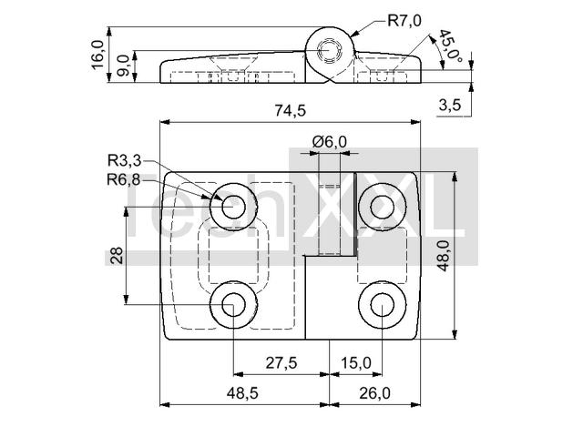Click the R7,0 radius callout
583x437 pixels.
point(404,20)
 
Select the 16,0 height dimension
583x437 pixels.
point(97,55)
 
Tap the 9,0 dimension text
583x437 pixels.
point(123,66)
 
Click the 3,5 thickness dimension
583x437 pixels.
point(449,106)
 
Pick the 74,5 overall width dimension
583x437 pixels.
point(290,110)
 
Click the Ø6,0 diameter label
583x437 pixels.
point(330,142)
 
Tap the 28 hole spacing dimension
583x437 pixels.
point(118,255)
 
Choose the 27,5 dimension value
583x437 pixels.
point(281,362)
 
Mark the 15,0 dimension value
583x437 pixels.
point(356,362)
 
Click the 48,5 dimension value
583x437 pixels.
point(242,392)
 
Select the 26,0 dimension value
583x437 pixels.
point(374,392)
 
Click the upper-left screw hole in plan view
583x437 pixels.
point(233,207)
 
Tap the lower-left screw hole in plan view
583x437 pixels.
point(233,305)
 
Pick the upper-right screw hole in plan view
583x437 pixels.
point(383,207)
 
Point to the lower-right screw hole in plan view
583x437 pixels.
point(383,305)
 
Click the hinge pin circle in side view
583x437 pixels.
point(329,50)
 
